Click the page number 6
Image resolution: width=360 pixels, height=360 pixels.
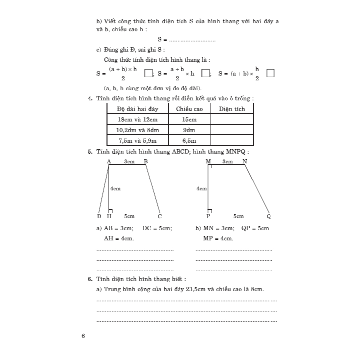click(83, 336)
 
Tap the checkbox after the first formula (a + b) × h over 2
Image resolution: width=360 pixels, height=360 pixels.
click(148, 74)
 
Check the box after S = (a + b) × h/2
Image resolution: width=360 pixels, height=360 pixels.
click(270, 73)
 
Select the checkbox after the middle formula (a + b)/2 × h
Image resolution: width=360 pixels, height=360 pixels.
click(205, 73)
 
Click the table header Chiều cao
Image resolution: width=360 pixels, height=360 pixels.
click(189, 109)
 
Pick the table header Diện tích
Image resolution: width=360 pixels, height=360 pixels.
click(232, 109)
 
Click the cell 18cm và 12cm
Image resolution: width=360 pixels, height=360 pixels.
click(138, 120)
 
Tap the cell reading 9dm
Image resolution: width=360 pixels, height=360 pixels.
click(189, 130)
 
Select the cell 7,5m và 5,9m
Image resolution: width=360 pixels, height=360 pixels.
click(138, 141)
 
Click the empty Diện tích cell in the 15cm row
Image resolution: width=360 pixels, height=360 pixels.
click(232, 120)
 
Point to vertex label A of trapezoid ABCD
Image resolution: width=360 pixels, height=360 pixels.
click(109, 162)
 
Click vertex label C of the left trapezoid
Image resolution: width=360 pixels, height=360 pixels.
click(160, 216)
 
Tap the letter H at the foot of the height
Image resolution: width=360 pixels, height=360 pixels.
click(109, 216)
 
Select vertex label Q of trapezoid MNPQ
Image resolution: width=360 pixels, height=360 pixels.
click(269, 216)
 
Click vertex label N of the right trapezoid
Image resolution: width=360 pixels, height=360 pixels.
click(244, 162)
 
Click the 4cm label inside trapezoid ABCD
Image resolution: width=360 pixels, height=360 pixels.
click(115, 189)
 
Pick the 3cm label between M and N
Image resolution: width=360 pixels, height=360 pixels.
click(227, 162)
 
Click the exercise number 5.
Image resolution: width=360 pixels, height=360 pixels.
click(89, 152)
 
